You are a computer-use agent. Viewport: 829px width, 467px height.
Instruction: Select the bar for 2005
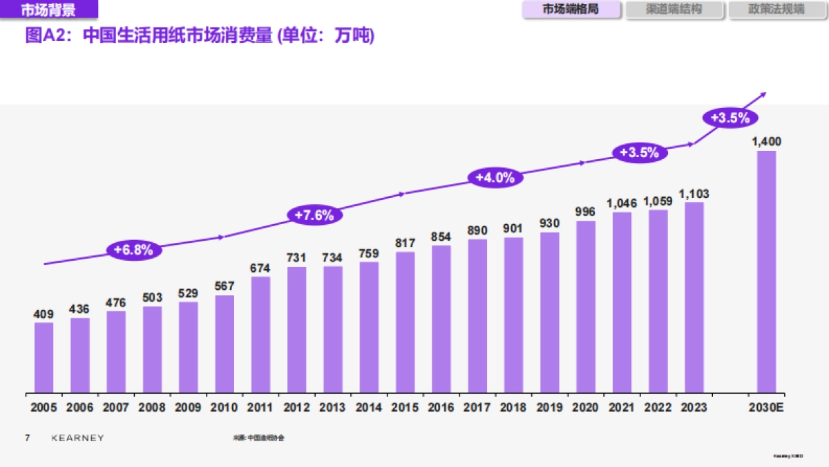point(44,357)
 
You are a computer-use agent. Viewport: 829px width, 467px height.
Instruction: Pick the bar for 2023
point(694,297)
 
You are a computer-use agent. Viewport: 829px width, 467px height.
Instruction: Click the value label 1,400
point(766,142)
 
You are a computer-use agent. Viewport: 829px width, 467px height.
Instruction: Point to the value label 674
point(260,268)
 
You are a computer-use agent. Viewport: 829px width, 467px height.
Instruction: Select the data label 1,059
point(658,201)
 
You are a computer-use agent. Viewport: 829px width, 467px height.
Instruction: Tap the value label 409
point(44,314)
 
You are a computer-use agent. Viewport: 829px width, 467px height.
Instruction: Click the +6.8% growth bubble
point(133,250)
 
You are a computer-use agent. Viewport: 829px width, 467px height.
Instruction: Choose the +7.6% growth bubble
point(314,215)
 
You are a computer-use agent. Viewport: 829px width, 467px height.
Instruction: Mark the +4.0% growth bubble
point(495,177)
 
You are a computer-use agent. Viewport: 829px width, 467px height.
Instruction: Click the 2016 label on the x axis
point(441,408)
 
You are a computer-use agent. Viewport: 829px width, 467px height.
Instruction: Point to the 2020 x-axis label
point(585,408)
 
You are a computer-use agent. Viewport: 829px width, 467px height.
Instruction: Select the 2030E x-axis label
point(766,408)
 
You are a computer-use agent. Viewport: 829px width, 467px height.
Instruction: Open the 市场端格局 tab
point(571,10)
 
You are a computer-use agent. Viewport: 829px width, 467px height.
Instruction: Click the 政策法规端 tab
point(776,10)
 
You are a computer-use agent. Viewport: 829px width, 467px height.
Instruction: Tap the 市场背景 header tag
point(48,10)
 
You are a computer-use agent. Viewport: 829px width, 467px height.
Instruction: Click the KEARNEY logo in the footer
point(78,438)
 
